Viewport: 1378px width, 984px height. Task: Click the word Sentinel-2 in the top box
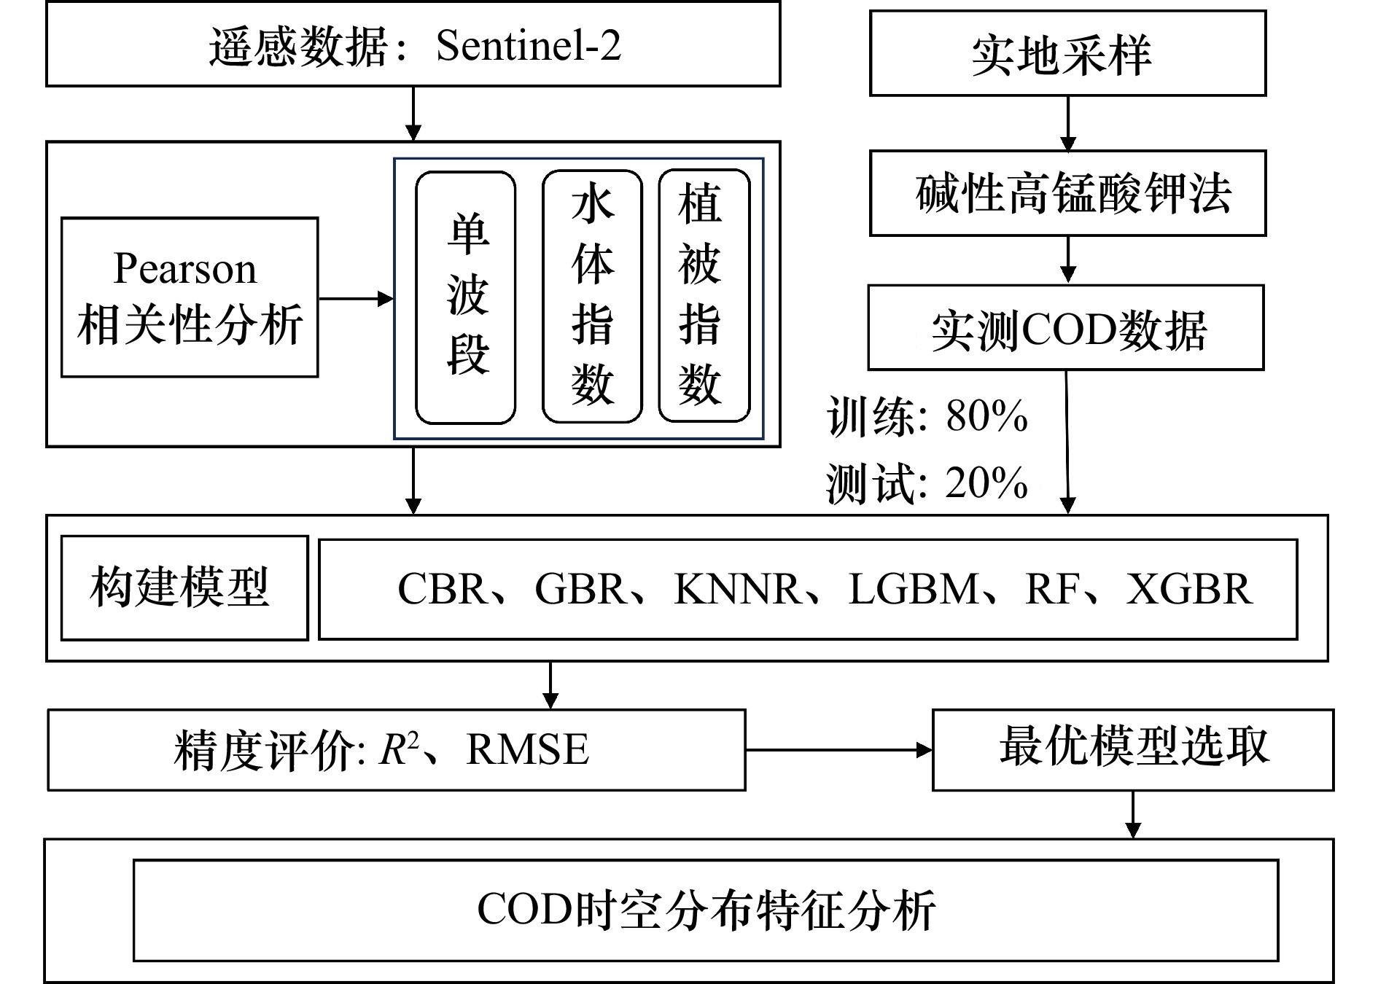[528, 46]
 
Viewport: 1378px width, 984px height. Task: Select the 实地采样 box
[1067, 53]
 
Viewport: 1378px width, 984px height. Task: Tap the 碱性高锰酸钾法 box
[1067, 193]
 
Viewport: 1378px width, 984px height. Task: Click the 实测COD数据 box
[1065, 327]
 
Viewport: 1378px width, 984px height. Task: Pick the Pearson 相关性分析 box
[190, 297]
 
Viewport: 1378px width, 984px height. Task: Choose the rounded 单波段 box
[466, 297]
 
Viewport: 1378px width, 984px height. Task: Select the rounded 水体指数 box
[592, 297]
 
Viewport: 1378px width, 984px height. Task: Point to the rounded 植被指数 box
[704, 296]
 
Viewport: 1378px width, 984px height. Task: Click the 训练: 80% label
[927, 416]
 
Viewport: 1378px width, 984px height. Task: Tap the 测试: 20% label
[927, 483]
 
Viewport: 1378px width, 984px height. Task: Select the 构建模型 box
[184, 588]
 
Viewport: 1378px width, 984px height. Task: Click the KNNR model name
[736, 589]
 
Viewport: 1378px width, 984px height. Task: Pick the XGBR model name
[1189, 589]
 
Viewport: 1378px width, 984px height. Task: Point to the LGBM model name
[913, 589]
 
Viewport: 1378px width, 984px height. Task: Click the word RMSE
[527, 749]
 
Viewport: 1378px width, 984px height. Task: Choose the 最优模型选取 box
[1133, 750]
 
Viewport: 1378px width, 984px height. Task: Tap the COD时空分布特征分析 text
[706, 910]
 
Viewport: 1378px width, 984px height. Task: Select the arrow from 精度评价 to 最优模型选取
[838, 749]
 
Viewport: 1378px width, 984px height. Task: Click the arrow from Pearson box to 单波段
[357, 298]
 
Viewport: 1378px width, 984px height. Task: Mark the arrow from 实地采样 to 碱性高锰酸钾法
[1068, 123]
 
